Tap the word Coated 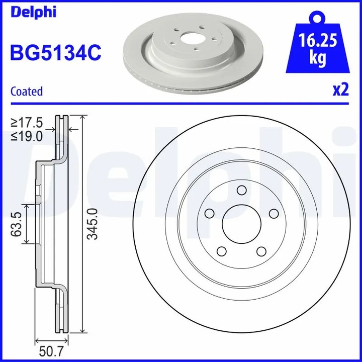27,92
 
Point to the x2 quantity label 341,90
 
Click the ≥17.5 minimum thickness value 29,123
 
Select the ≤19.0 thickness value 29,136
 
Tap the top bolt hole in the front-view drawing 241,190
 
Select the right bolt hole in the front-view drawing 274,214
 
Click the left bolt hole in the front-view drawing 210,214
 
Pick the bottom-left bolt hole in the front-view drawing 222,251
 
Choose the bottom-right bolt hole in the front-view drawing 261,251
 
